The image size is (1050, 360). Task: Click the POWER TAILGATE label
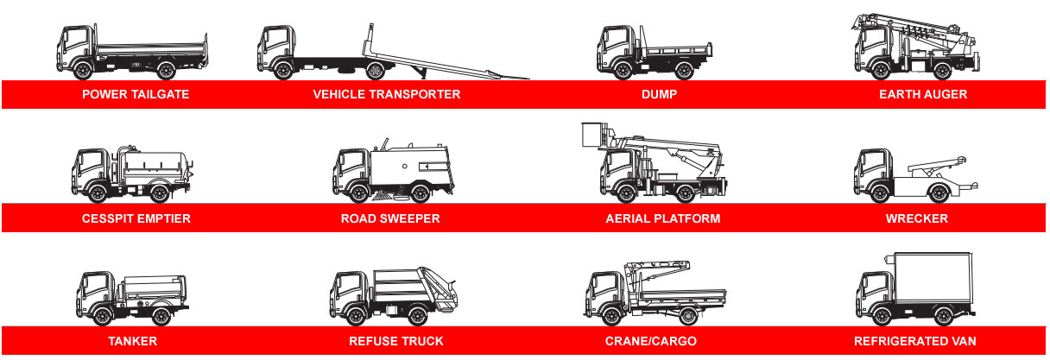coord(136,94)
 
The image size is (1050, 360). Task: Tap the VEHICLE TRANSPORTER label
coord(387,94)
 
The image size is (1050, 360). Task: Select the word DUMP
coord(659,94)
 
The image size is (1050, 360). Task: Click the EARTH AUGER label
coord(923,94)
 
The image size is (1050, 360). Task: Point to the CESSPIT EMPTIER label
coord(136,218)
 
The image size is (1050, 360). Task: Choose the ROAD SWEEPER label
coord(390,218)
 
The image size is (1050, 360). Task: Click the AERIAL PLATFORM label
coord(663,218)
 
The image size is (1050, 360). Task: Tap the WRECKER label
coord(917,218)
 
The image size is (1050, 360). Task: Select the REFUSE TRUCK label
coord(396,341)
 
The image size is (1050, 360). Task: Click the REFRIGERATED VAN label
coord(915,341)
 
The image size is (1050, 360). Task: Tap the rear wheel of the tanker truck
coord(161,317)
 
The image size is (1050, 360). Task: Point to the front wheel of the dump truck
coord(623,70)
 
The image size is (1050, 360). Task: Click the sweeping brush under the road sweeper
coord(383,198)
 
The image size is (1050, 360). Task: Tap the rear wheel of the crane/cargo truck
coord(687,317)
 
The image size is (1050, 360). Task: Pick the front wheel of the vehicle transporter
coord(283,70)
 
